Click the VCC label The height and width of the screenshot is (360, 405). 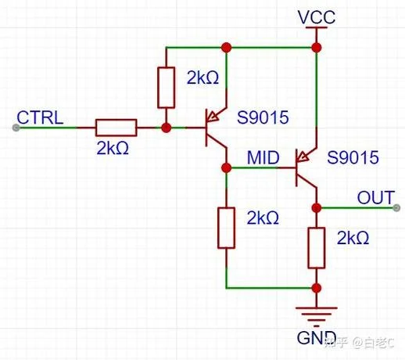317,17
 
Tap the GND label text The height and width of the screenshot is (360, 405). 317,337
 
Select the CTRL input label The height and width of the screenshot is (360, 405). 40,117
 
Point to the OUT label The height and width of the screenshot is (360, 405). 376,197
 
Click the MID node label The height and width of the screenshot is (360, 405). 263,157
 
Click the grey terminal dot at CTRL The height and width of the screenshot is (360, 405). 16,128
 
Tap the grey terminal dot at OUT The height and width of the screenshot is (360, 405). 396,208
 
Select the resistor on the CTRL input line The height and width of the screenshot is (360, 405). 116,128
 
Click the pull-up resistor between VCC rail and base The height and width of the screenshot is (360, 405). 166,88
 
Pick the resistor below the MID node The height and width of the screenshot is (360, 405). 226,228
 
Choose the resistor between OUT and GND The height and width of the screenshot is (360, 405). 317,248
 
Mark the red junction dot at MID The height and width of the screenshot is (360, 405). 226,167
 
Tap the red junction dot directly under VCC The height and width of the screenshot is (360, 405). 317,48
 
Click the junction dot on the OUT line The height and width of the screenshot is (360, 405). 317,208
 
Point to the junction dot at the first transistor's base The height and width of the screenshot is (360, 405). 166,128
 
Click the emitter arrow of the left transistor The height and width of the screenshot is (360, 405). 215,116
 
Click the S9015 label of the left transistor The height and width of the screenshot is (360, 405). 263,117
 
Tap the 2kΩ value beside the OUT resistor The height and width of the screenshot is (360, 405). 353,238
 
